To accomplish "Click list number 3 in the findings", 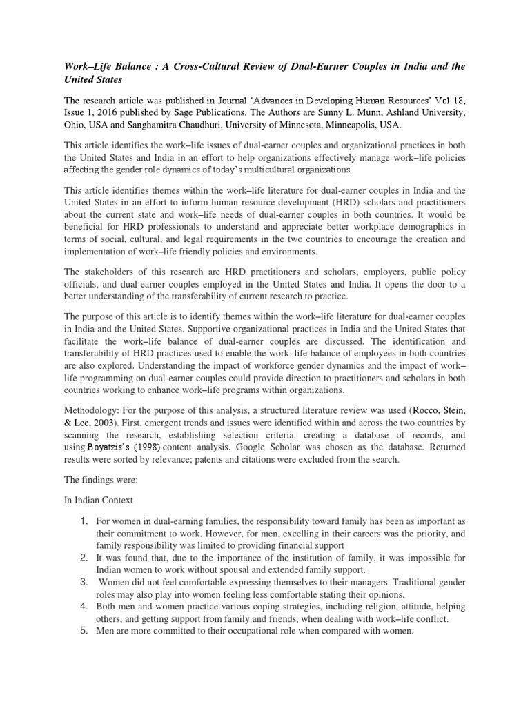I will tap(81, 582).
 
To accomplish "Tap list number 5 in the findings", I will tap(81, 632).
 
